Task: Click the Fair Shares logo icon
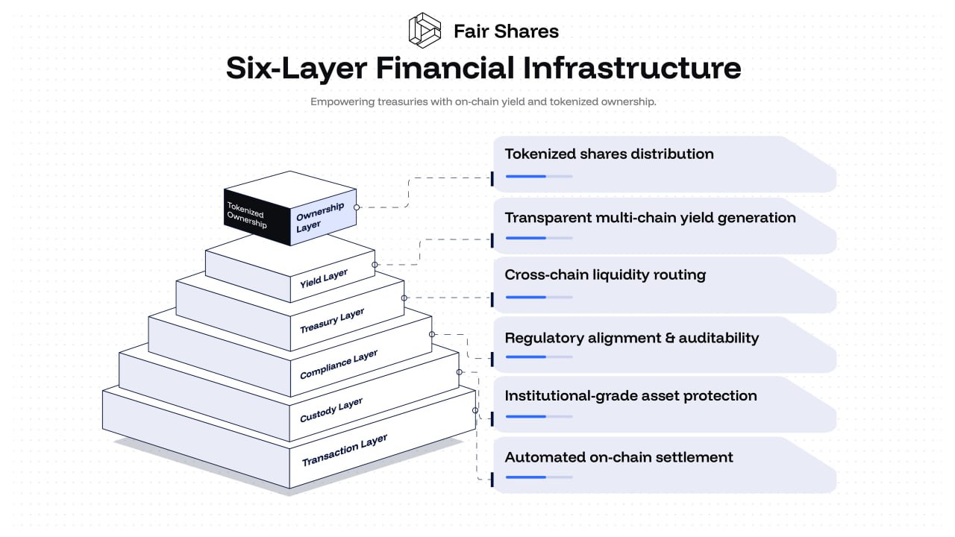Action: coord(425,30)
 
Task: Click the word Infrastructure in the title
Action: coord(631,68)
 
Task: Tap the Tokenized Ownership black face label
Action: coord(246,214)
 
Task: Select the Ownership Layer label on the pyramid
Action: coord(320,216)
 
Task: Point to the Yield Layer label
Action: coord(324,279)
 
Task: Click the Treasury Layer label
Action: coord(332,321)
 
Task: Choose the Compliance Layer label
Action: coord(339,364)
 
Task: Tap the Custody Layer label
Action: coord(331,409)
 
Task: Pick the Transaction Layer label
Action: coord(344,450)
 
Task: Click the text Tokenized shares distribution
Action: coord(609,154)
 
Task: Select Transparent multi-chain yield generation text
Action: coord(650,217)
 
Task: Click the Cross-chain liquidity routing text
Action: coord(605,274)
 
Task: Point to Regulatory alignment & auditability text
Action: coord(631,338)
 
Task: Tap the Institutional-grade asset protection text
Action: coord(630,395)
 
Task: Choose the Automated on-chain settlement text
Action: coord(619,457)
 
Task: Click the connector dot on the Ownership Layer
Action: coord(357,207)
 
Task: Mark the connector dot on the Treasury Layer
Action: coord(404,298)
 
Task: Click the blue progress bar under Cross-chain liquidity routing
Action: coord(526,297)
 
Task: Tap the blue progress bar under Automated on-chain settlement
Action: coord(526,477)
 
